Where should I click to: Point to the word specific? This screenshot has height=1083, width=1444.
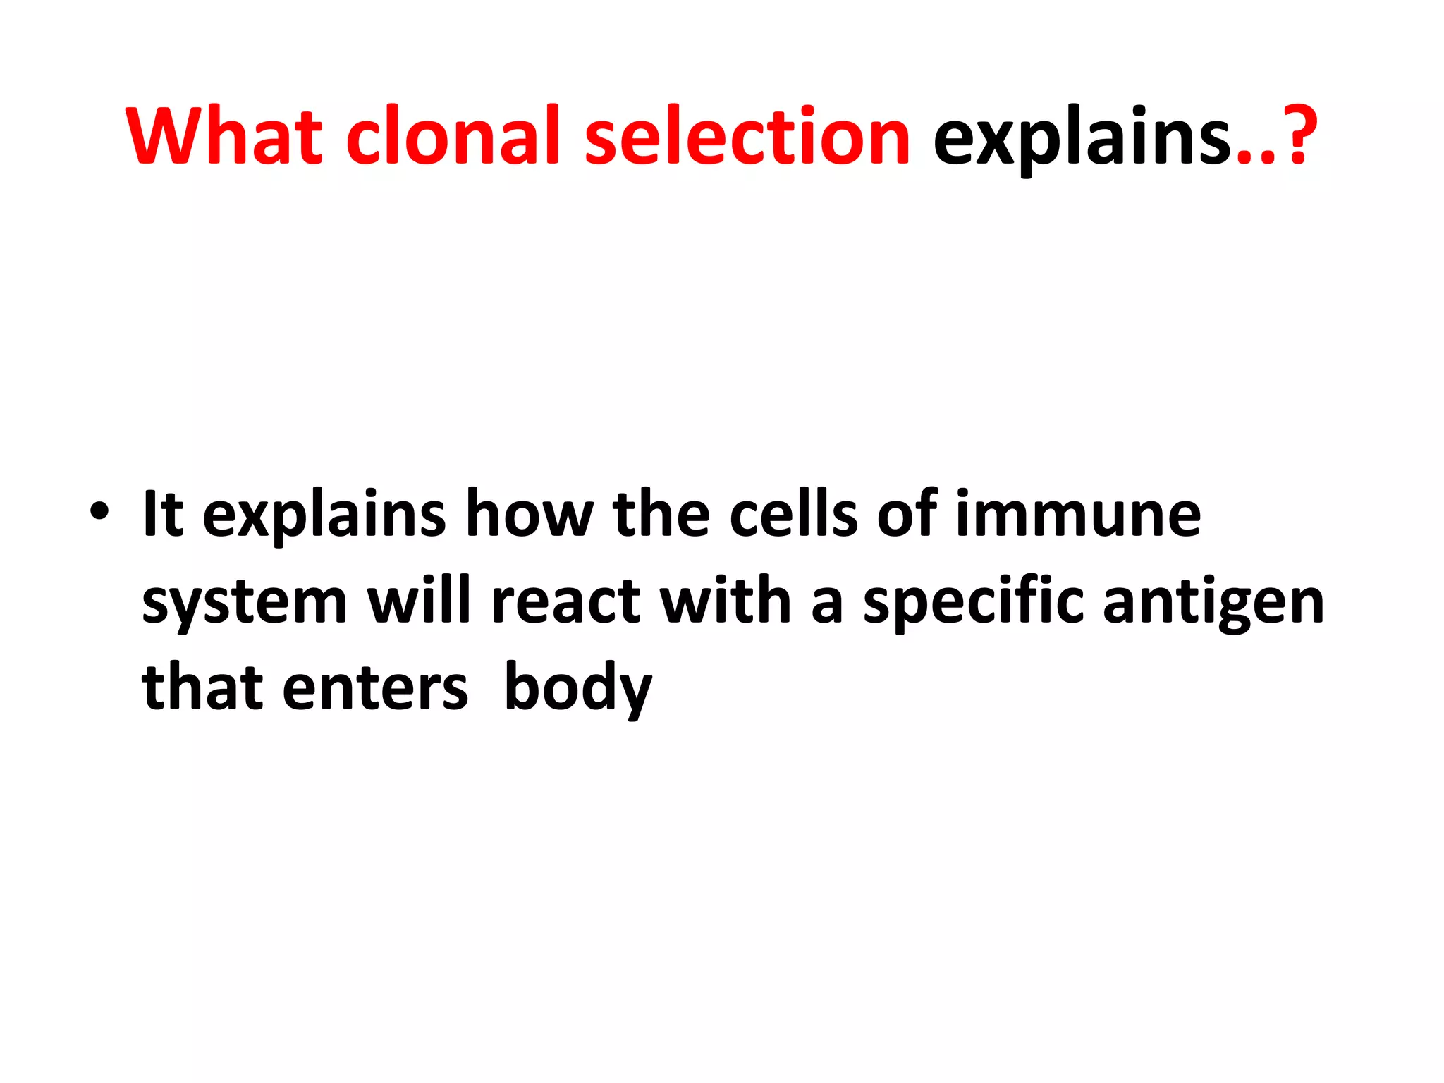coord(973,604)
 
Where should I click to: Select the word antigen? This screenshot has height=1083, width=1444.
coord(1213,605)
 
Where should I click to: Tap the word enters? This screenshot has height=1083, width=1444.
coord(374,688)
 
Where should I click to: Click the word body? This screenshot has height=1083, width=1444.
coord(578,688)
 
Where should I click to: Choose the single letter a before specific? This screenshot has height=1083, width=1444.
coord(826,605)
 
